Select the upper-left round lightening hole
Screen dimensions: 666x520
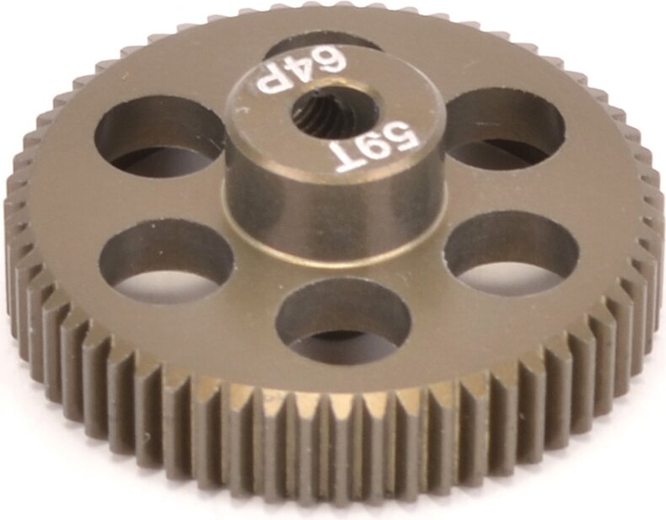(160, 139)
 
